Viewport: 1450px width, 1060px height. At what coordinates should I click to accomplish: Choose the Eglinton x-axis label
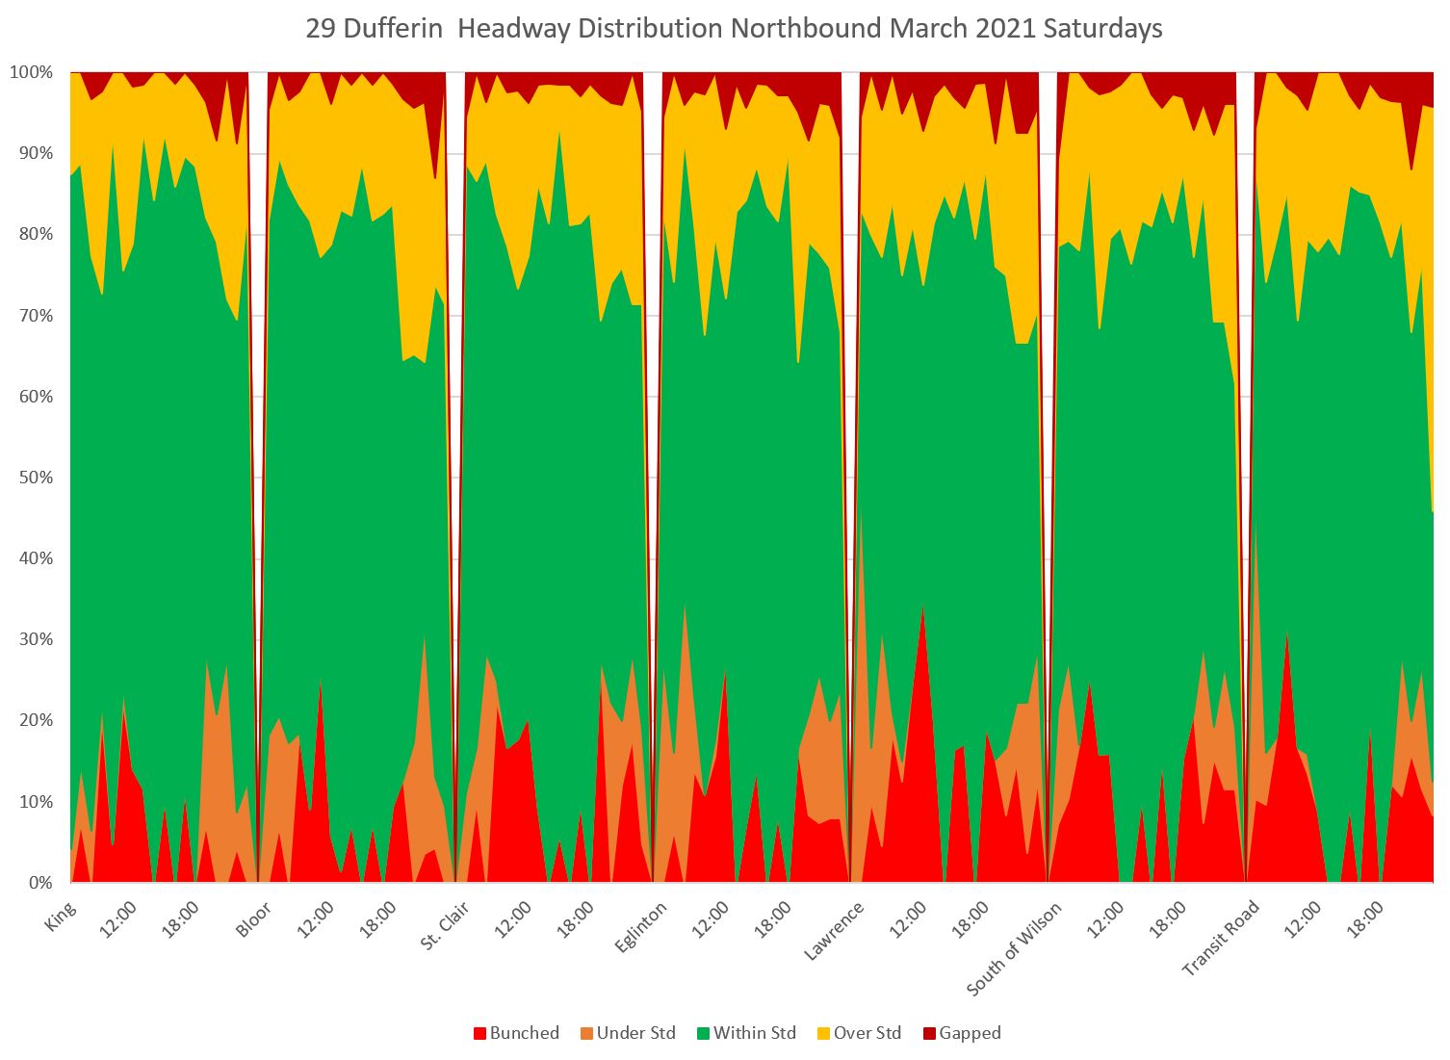tap(641, 925)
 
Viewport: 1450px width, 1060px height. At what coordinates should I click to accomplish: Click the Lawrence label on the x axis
tap(835, 929)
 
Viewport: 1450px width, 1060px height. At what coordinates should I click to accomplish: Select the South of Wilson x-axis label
tap(1016, 948)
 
